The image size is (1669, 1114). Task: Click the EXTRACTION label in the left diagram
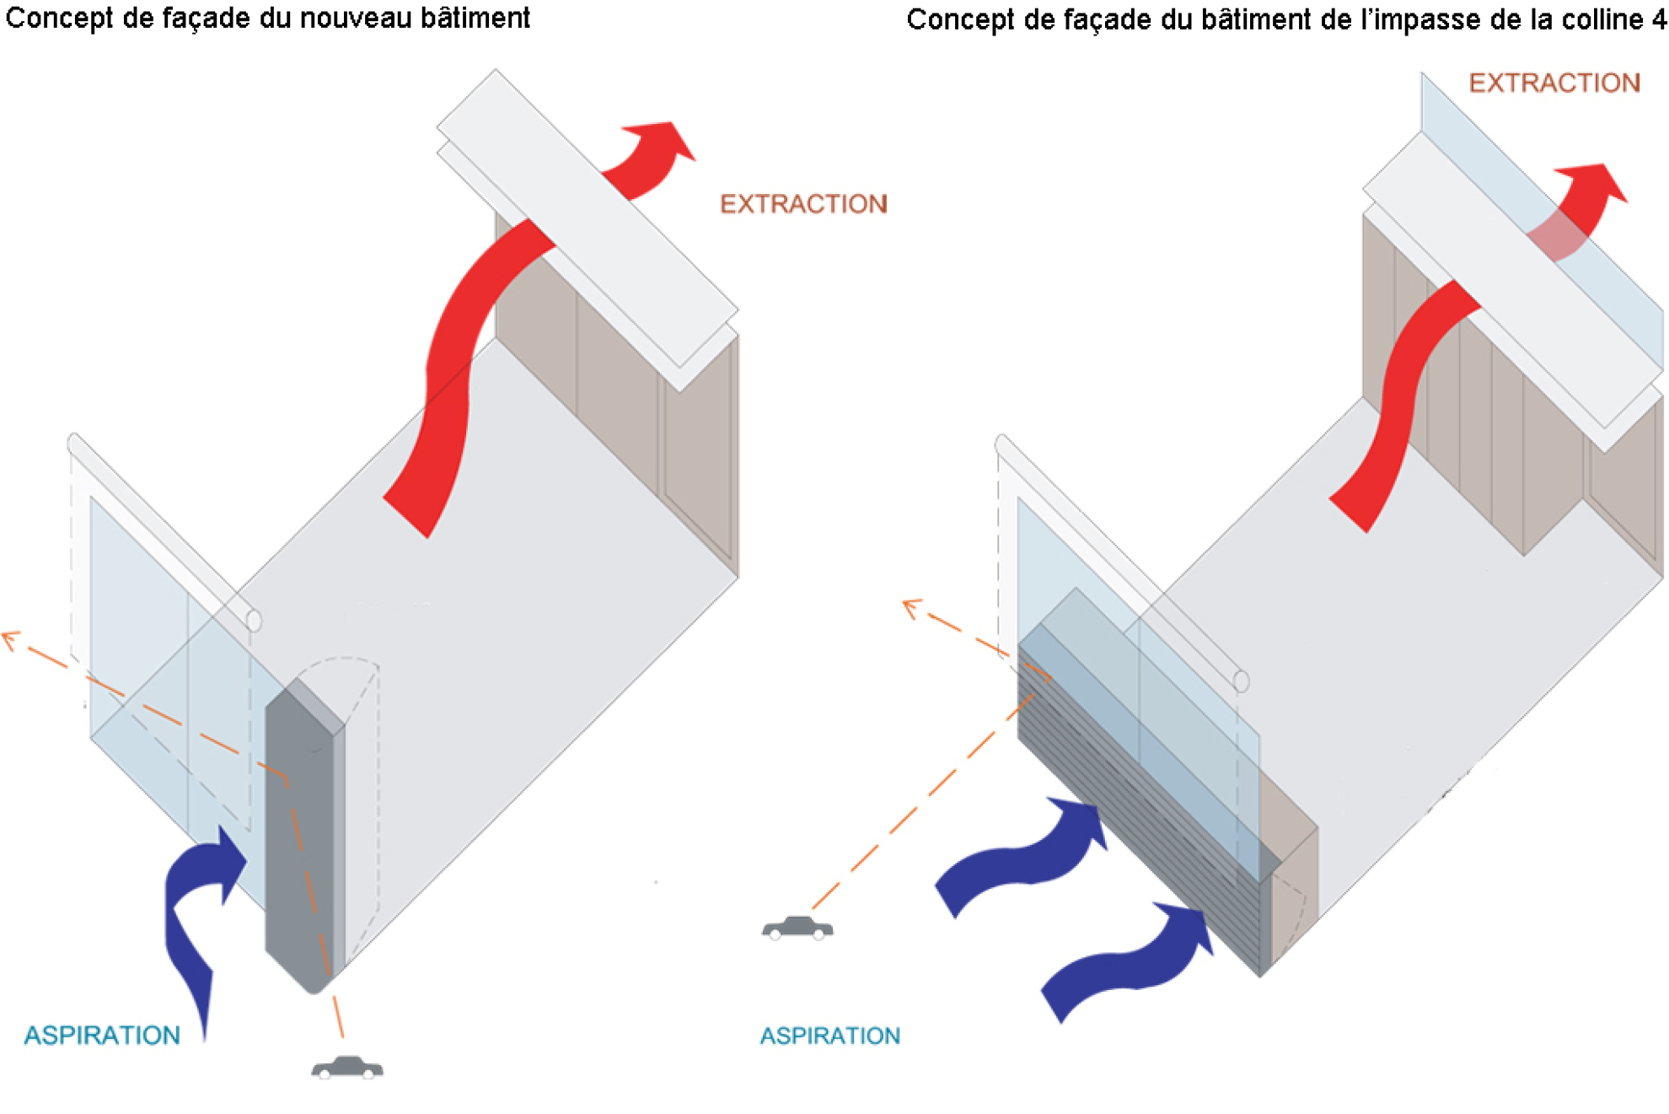803,204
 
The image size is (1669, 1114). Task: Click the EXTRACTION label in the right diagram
1554,83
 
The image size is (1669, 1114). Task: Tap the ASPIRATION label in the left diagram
102,1036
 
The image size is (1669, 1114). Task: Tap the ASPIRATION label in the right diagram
830,1036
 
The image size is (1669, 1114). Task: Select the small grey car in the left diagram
347,1068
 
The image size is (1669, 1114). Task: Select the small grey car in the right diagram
797,928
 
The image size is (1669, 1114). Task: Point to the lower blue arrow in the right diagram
1130,961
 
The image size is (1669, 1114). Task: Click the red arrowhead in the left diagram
662,143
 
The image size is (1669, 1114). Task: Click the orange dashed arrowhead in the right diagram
910,607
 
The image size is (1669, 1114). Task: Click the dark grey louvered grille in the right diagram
1138,810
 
